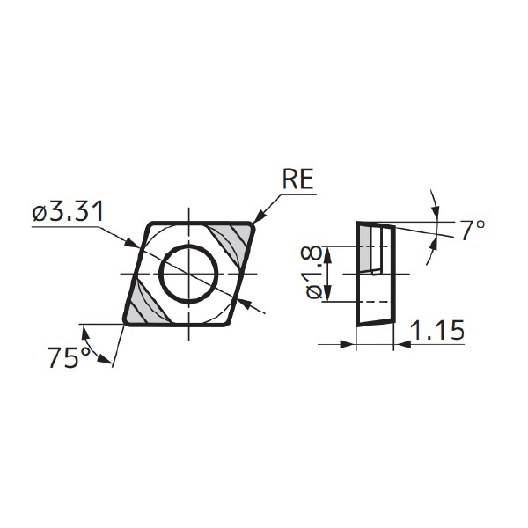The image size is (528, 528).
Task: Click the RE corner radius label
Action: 298,179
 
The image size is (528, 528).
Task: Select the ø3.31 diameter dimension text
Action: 68,212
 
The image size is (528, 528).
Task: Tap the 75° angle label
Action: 70,357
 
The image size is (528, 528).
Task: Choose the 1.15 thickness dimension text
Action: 437,330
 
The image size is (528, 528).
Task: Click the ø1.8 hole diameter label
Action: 315,272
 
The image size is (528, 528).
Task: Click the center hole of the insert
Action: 188,274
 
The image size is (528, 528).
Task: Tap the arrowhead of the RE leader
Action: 259,217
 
